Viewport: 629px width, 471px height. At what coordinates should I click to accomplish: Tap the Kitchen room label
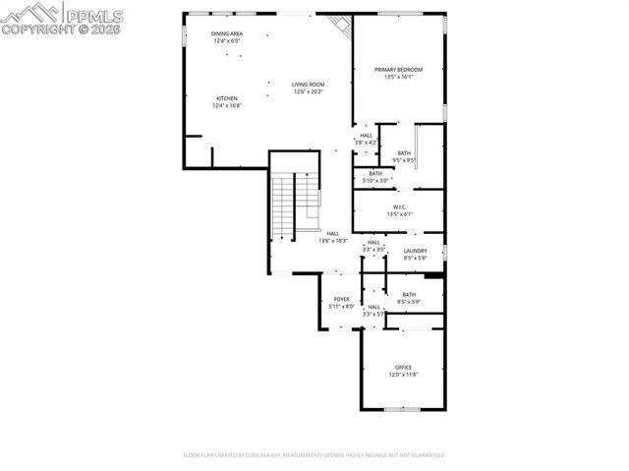point(227,98)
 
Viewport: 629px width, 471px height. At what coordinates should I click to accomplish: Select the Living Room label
point(308,85)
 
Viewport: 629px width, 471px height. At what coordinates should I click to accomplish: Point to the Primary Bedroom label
point(398,70)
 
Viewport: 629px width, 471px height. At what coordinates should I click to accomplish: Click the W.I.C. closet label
point(399,206)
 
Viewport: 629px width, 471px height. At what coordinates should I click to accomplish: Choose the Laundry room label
point(415,251)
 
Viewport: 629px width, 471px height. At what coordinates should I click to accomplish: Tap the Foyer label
point(341,299)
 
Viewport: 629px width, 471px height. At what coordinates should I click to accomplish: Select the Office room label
point(404,368)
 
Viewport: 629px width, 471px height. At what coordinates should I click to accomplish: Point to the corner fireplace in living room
point(339,27)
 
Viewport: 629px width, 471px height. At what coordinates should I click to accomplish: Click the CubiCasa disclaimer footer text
point(314,455)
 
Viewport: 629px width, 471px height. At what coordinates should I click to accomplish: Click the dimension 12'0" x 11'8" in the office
point(404,375)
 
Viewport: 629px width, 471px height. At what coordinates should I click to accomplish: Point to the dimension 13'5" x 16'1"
point(398,77)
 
